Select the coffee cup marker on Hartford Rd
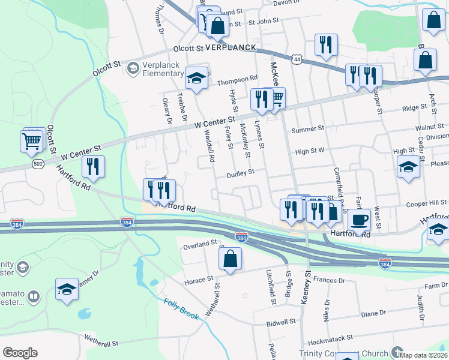359,220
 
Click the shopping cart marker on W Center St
275,98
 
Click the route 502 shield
38,164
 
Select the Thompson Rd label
237,78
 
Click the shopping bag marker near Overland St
230,260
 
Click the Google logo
20,353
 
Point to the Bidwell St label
281,322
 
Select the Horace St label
198,280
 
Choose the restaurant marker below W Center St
92,167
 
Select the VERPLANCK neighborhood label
231,47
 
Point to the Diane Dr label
373,313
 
